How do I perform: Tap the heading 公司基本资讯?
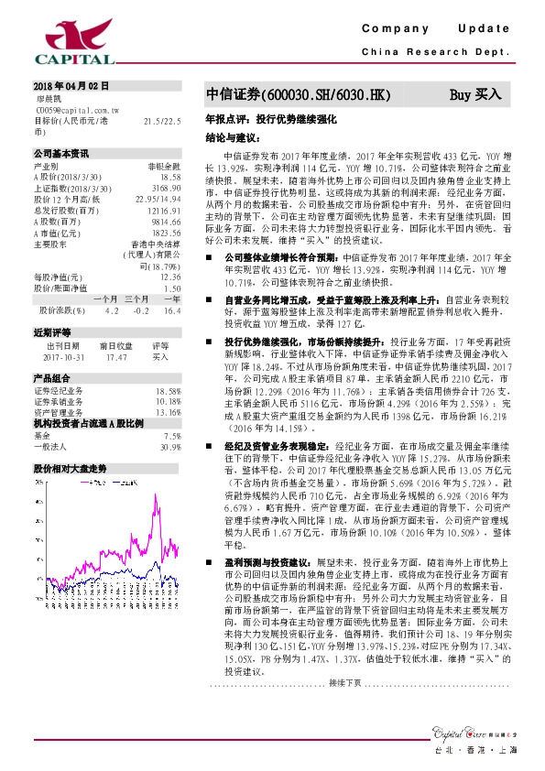tap(61, 154)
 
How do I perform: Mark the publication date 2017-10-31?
tap(63, 358)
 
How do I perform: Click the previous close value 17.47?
tap(115, 358)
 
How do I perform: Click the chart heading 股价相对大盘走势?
tap(70, 469)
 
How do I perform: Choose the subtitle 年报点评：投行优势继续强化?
tap(273, 120)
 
